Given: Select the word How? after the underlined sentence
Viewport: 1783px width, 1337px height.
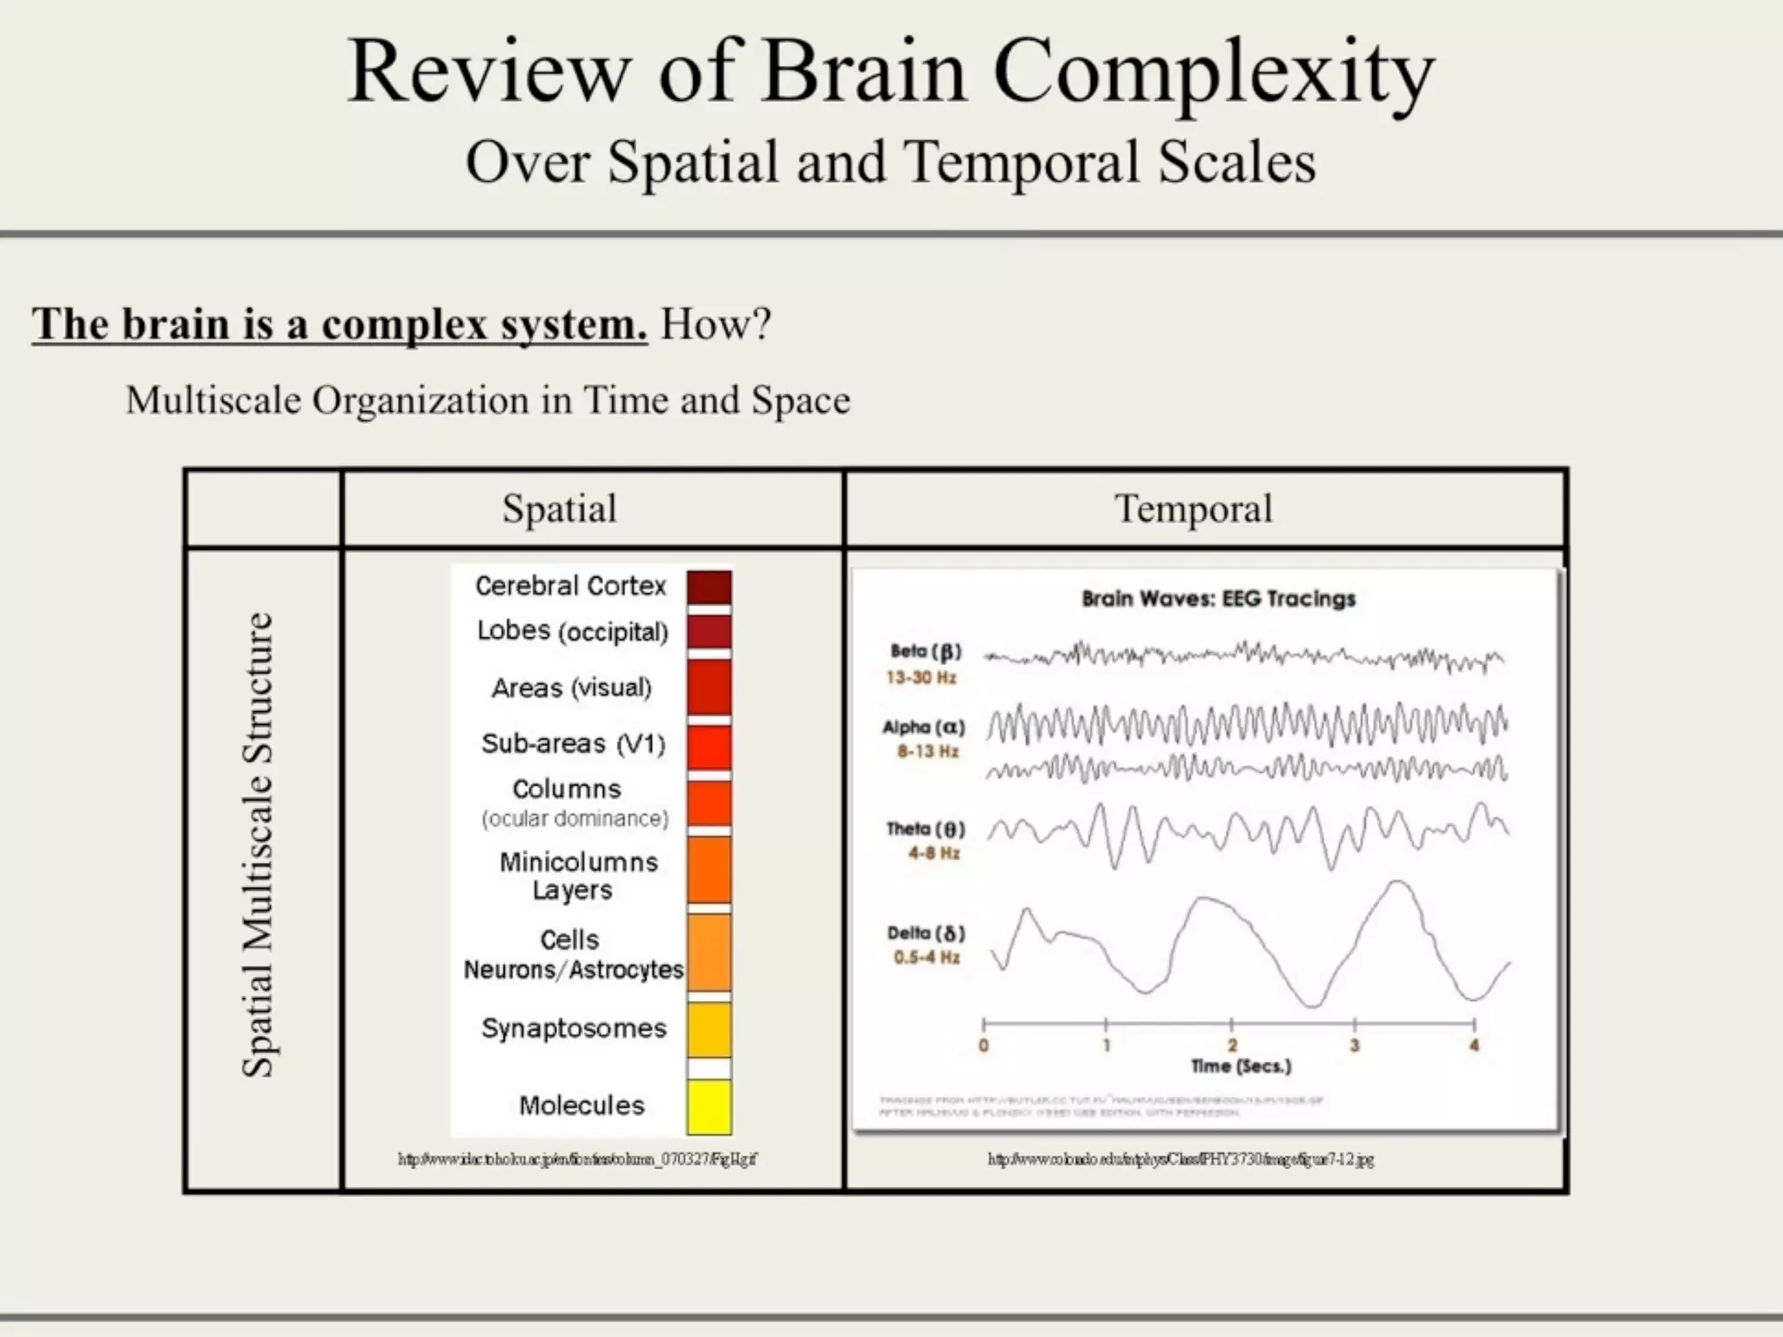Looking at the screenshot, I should click(716, 325).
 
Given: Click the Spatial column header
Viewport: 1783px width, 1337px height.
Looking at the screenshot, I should click(559, 508).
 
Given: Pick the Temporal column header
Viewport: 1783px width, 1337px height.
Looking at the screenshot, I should click(1193, 508).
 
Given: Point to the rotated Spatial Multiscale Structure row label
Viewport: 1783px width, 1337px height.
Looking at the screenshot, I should click(258, 844).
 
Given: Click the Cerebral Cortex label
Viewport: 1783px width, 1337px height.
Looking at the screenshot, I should click(570, 586).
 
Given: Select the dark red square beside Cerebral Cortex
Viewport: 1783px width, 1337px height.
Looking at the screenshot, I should click(709, 588).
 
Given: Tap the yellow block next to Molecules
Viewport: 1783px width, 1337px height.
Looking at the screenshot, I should click(709, 1107).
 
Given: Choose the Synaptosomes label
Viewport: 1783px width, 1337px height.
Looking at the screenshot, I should click(574, 1028).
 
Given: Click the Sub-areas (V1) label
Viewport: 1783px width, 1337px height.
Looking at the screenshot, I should click(573, 743).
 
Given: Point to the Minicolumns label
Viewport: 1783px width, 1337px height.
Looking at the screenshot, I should click(578, 862).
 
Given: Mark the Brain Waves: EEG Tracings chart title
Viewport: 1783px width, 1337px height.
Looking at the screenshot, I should click(1218, 599).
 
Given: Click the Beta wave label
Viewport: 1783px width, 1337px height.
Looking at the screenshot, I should click(925, 651).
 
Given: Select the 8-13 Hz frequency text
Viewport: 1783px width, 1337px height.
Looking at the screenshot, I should click(928, 751).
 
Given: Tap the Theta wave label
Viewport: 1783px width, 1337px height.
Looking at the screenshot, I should click(925, 829).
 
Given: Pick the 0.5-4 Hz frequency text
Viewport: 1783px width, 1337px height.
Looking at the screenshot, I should click(926, 957).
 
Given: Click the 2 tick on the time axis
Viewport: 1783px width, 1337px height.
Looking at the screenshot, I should click(1231, 1045).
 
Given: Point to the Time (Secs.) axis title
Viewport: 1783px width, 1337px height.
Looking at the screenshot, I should click(1241, 1066).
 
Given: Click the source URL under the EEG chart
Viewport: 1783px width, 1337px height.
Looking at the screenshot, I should click(1181, 1159).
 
